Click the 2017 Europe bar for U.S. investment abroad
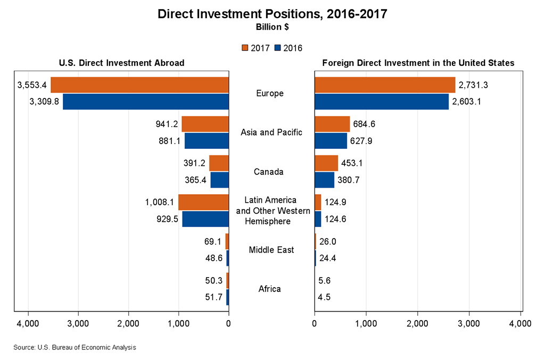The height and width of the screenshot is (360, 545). (x=139, y=85)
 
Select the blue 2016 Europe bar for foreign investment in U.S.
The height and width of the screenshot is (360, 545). (x=382, y=102)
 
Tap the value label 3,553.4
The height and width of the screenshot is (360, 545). (x=32, y=85)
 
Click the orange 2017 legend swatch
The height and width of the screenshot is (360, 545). (x=245, y=48)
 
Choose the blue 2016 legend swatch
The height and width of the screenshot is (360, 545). (x=278, y=48)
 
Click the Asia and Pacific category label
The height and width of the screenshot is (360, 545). (x=271, y=132)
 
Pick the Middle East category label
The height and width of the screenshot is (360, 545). (x=271, y=250)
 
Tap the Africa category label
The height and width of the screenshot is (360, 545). (x=270, y=289)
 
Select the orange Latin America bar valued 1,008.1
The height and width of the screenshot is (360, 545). (x=203, y=203)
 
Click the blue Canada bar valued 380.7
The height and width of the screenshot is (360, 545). (x=324, y=180)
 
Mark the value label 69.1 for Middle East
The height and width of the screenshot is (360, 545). (x=212, y=242)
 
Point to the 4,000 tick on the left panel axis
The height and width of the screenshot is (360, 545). (x=28, y=323)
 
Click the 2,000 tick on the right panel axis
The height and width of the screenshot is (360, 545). (x=418, y=323)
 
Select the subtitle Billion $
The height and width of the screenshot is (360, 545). (x=272, y=27)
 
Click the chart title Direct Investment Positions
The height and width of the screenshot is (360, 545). (x=272, y=14)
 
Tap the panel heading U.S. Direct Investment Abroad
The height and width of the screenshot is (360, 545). (x=121, y=63)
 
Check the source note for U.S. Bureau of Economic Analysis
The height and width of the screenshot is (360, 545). (x=75, y=347)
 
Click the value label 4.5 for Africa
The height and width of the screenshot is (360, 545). (x=324, y=297)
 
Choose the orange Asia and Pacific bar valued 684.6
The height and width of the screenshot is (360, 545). (x=332, y=124)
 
